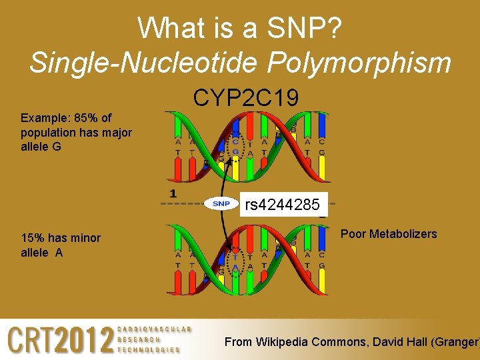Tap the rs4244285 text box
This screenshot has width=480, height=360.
282,205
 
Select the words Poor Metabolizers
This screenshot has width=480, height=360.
389,234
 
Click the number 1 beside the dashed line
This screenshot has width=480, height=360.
173,193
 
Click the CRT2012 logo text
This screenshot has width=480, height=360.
61,340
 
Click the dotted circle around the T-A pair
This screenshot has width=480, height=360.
235,261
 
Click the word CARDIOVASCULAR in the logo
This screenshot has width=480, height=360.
154,329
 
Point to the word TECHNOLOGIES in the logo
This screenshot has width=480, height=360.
149,349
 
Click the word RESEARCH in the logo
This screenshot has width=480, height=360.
139,339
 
